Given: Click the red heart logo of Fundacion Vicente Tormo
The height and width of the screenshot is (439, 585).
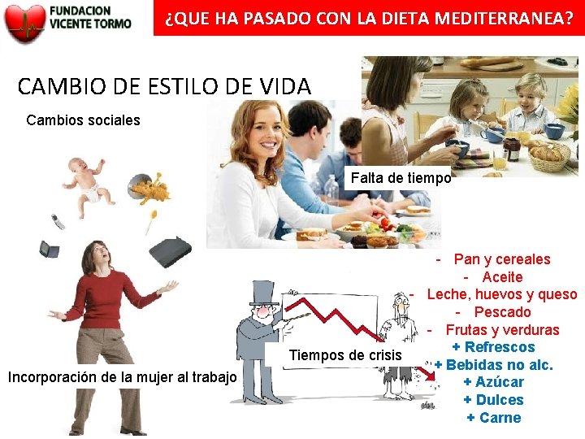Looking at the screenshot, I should tap(24, 23).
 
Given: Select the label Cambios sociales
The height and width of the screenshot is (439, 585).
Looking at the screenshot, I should tap(83, 120).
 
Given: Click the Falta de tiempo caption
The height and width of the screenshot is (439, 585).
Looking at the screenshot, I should tap(401, 178).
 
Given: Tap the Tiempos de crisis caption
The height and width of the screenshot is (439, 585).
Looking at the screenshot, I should tap(345, 355).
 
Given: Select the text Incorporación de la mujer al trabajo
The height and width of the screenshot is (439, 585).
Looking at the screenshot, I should tap(122, 377).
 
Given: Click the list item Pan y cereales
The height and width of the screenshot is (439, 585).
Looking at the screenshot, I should tap(501, 259).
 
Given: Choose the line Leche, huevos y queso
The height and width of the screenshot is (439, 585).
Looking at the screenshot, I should tap(501, 294).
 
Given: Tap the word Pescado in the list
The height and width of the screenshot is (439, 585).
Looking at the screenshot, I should tap(502, 312).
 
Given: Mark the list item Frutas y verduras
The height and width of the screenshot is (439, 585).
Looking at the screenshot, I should tap(502, 330).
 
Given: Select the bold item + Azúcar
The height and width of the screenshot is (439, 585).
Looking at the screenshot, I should tap(493, 382).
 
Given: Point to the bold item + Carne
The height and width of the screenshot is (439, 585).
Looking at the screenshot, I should tap(493, 418).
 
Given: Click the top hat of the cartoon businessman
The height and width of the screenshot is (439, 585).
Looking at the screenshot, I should tap(263, 293).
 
